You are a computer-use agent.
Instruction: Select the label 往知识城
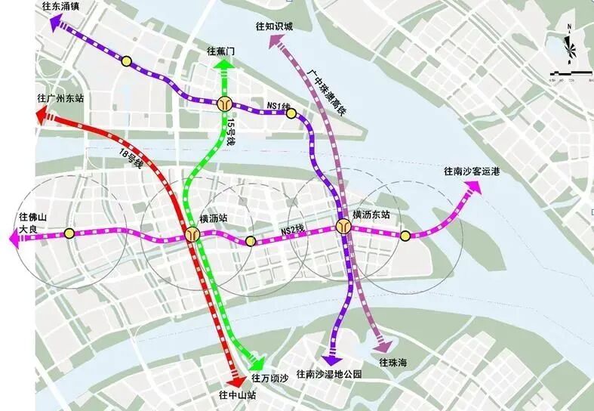click(x=273, y=26)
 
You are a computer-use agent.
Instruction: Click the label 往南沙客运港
click(x=472, y=172)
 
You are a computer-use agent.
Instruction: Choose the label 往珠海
click(x=393, y=363)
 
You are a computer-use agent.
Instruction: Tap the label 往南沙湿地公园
click(x=329, y=374)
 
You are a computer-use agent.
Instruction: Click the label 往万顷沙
click(x=270, y=378)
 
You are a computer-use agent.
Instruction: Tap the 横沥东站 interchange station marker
click(x=344, y=226)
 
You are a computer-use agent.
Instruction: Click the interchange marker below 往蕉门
click(x=223, y=104)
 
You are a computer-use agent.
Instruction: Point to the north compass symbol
click(x=570, y=49)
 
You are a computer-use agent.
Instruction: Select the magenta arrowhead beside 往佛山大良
click(x=14, y=239)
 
